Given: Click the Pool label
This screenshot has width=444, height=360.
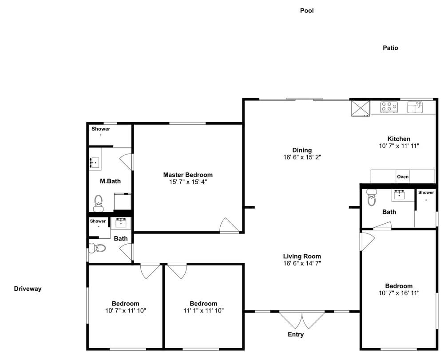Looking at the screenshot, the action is (307, 11).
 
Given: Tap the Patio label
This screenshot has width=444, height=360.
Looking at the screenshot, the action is (390, 48).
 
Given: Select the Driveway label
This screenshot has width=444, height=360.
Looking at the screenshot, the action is (28, 289).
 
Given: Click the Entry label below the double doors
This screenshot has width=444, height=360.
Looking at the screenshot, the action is (296, 335).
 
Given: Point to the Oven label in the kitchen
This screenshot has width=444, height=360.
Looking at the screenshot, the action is (403, 177).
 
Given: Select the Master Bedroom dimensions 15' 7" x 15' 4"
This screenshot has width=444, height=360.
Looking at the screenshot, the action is (188, 182).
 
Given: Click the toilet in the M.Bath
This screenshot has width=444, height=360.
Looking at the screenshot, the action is (98, 203).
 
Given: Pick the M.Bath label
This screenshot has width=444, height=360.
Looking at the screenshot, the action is (110, 181).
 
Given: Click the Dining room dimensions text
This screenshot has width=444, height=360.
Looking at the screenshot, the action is (302, 157).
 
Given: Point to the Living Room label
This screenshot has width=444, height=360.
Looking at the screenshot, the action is (302, 257).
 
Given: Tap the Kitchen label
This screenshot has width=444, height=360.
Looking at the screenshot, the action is (399, 139).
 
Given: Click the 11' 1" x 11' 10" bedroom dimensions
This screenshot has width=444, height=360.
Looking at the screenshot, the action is (204, 311).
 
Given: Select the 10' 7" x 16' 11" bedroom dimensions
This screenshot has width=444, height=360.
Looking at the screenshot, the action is (399, 293).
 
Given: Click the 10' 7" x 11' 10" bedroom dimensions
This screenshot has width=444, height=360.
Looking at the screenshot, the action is (126, 311).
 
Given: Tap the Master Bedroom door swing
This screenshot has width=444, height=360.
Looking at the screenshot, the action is (230, 225).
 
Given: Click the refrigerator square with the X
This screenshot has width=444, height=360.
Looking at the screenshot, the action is (361, 108).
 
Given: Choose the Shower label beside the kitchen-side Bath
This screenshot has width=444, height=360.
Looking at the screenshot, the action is (426, 193).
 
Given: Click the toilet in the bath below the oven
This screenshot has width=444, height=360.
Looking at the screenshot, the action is (371, 197).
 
